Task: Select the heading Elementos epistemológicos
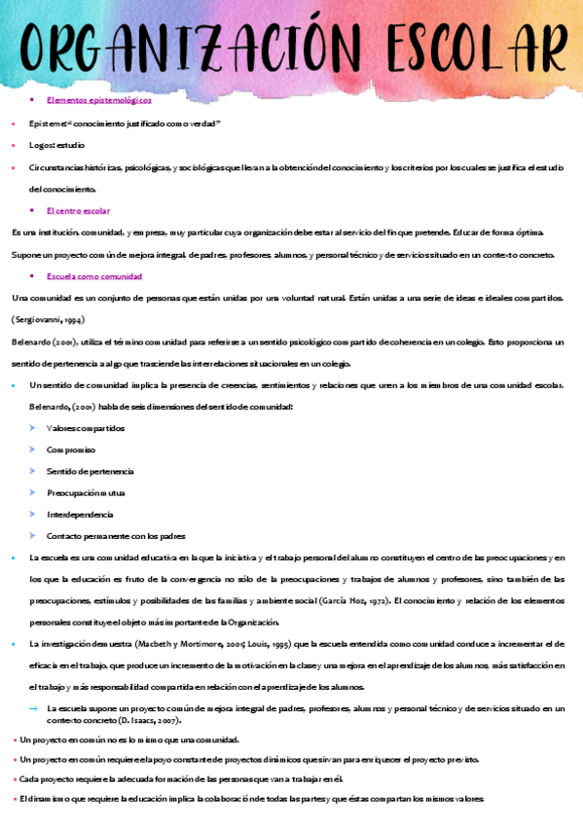tap(98, 99)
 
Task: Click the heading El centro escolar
tap(78, 210)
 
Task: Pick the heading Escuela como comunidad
tap(94, 276)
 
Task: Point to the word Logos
tap(40, 144)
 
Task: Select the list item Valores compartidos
tap(86, 428)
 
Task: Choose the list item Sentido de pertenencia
tap(91, 471)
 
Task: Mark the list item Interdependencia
tap(80, 514)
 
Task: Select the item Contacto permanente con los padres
tap(116, 535)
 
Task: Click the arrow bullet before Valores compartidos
tap(33, 428)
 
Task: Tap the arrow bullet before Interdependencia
tap(33, 514)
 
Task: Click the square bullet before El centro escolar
tap(32, 210)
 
